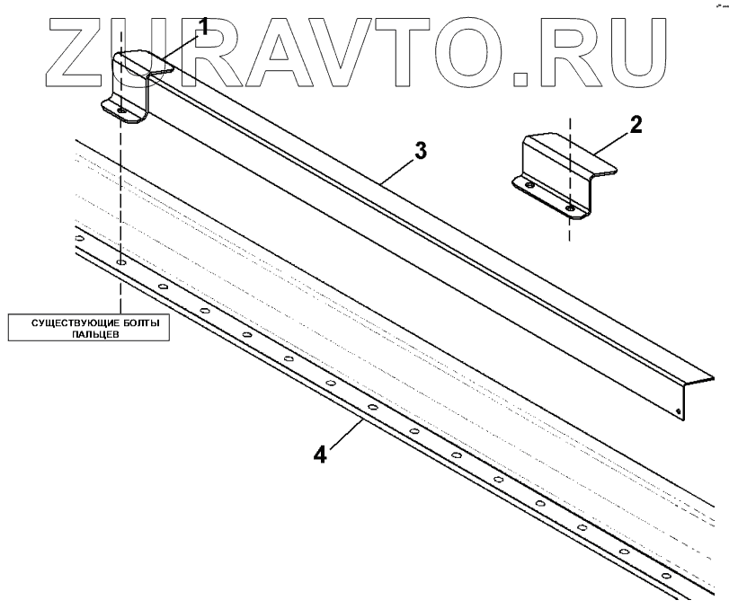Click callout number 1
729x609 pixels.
203,26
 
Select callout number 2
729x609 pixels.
635,124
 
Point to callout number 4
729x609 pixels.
320,454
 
